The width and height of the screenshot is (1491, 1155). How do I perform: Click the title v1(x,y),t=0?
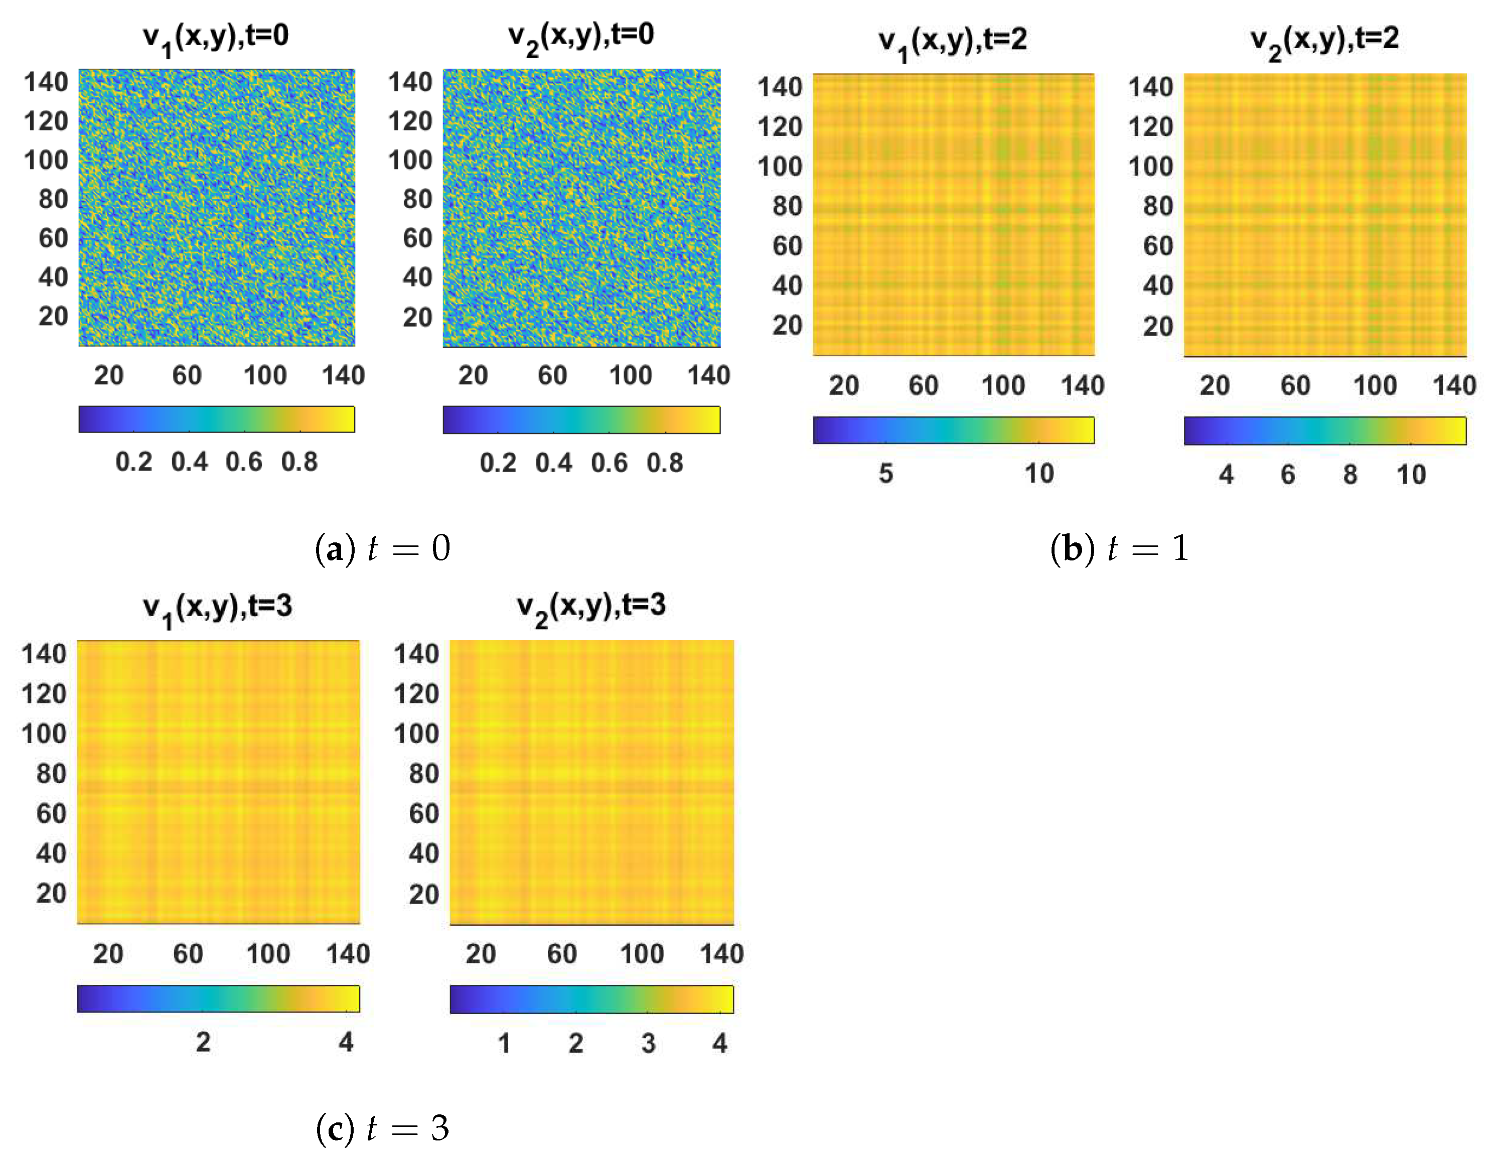coord(216,36)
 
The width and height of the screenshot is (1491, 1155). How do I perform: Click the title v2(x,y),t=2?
coord(1324,40)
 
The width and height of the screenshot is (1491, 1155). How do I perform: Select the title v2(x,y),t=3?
coord(590,606)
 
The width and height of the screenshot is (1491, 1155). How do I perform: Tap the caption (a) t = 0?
coord(382,548)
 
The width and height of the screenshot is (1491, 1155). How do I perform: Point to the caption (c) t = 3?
coord(382,1128)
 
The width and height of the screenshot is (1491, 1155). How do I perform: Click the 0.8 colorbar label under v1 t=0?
coord(299,462)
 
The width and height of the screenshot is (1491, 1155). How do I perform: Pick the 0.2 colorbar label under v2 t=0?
coord(498,464)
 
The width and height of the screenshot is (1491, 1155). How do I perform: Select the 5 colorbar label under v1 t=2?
coord(885,474)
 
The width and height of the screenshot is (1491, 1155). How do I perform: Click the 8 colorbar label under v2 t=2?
coord(1350,475)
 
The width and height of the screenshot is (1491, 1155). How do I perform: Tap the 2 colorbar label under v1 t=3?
coord(203,1043)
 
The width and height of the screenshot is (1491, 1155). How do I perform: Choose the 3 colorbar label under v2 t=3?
coord(648,1044)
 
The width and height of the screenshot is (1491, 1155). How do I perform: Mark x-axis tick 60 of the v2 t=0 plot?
coord(552,375)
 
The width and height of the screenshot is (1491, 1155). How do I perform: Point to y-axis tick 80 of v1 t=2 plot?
coord(787,206)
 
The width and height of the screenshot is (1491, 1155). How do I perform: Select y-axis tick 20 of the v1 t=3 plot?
coord(51,894)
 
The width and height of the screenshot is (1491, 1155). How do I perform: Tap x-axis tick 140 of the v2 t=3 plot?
coord(721,954)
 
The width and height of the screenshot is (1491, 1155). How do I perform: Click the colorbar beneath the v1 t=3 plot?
coord(218,998)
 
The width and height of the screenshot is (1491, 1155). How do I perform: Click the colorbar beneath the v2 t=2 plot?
coord(1324,430)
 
